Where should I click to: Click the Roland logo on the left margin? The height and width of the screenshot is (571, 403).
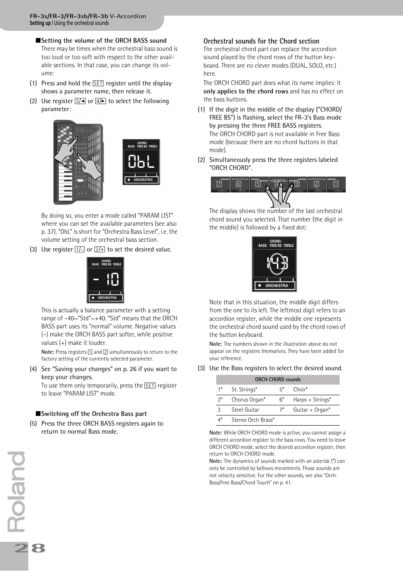pos(17,492)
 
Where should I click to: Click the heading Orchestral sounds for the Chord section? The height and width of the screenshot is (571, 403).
pos(261,41)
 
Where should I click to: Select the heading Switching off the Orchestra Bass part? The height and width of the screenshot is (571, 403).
pos(94,414)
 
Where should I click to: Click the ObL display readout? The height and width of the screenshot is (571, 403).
pos(141,161)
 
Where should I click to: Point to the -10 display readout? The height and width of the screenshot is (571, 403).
pos(106,279)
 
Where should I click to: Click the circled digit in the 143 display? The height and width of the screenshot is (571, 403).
pos(276,263)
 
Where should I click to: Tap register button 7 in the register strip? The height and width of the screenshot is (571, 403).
pos(219,184)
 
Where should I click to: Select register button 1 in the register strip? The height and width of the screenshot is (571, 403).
pos(336,184)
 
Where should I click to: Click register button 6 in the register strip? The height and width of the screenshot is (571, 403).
pos(239,184)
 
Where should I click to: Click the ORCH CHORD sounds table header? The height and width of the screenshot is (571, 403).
pos(278,380)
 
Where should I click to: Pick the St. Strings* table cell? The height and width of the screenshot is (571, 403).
pos(244,389)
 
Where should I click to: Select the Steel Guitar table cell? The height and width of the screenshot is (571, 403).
pos(245,410)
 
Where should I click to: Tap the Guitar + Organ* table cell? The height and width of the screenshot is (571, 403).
pos(312,410)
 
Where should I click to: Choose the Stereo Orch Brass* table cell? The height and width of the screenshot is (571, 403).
pos(253,420)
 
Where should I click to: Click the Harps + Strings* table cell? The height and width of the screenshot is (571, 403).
pos(312,399)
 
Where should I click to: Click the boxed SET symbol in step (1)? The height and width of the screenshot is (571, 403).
pos(98,83)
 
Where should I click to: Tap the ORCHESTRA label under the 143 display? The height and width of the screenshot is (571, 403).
pos(276,286)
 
